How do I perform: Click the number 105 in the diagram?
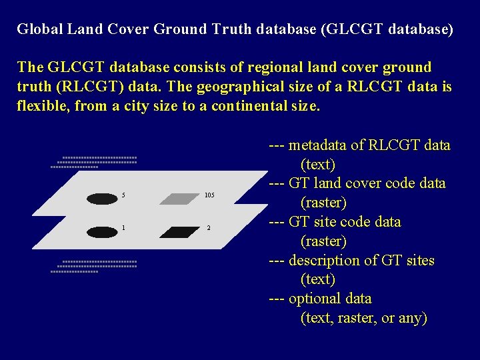(x=209, y=195)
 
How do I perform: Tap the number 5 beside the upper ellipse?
(x=123, y=195)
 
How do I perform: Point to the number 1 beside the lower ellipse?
(x=123, y=228)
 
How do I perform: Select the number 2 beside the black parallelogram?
(x=208, y=229)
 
